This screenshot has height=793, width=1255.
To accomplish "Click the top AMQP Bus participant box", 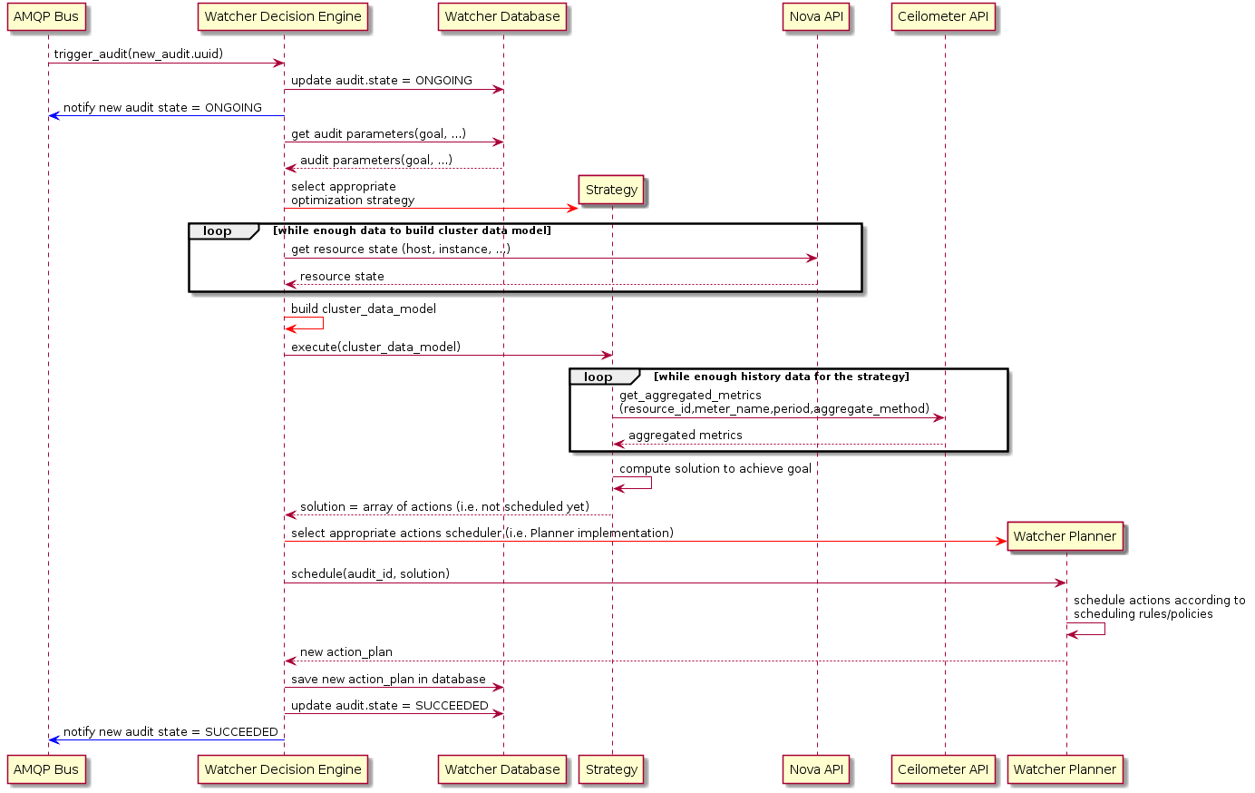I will pos(46,16).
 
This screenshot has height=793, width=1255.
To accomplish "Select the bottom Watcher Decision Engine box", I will pos(283,769).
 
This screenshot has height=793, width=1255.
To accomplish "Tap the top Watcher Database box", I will pos(502,16).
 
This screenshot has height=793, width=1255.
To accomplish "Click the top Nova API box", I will pos(816,16).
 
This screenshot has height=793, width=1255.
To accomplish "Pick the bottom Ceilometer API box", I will pos(943,769).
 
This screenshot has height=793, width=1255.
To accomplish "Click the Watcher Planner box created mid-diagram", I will pos(1065,536).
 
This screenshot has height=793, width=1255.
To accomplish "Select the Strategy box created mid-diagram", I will pos(611,190).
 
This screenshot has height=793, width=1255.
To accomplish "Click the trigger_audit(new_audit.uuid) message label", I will pos(139,54).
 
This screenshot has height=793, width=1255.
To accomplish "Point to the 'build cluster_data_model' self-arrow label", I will pos(363,308).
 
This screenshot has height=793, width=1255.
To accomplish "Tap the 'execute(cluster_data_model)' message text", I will pos(375,347).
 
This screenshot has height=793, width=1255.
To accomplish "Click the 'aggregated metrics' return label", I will pos(685,435).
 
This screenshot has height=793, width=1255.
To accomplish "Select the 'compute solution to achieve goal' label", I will pos(715,468).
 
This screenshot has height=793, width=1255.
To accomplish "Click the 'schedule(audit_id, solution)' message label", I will pos(370,573).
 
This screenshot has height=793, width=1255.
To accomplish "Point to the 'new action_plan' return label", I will pos(345,651).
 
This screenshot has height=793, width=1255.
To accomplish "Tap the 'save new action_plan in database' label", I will pos(388,679).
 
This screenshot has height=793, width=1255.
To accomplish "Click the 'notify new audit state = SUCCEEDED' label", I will pos(170,731).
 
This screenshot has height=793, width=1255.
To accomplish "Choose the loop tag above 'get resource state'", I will pos(218,230).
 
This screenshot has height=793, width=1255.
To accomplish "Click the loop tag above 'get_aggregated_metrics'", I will pos(598,377).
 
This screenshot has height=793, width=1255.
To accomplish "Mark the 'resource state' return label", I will pos(341,276).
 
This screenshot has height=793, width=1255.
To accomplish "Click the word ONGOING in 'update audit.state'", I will pos(443,80).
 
